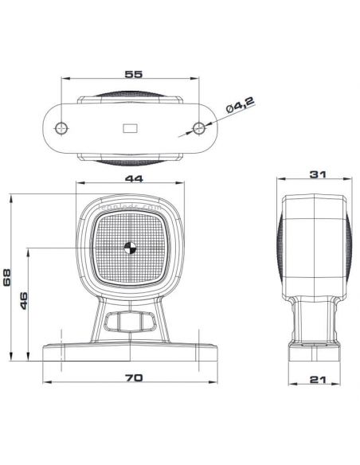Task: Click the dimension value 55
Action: [x=134, y=74]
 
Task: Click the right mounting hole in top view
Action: [x=199, y=127]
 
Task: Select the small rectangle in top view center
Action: [x=131, y=127]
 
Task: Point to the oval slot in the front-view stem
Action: [x=127, y=322]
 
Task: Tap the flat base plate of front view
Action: [x=131, y=351]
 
